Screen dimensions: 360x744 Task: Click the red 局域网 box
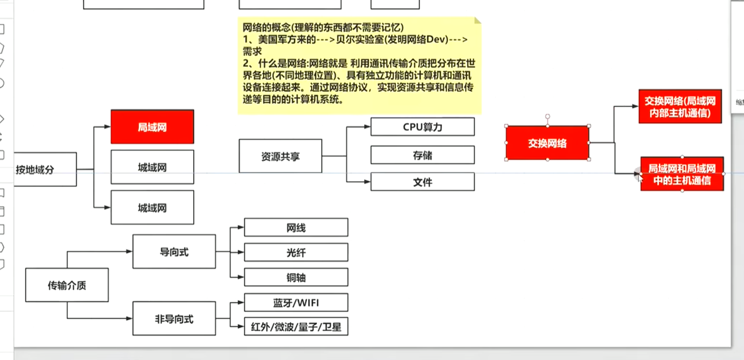tap(152, 127)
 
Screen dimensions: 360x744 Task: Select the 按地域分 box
tap(45, 170)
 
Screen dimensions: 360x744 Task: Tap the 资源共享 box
tap(280, 157)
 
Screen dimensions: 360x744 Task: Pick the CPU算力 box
tap(422, 127)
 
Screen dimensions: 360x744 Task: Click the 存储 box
tap(422, 155)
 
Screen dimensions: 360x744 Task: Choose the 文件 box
tap(422, 182)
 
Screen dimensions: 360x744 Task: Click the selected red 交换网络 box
tap(547, 143)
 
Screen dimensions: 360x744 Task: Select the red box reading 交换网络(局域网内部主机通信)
tap(680, 107)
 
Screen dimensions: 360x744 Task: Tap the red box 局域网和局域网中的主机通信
tap(682, 174)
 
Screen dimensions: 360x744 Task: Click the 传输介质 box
tap(67, 285)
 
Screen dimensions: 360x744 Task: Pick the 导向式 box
tap(174, 252)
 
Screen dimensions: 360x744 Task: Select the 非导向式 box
tap(174, 319)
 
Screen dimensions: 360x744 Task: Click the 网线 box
tap(296, 228)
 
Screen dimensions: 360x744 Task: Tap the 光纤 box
tap(296, 253)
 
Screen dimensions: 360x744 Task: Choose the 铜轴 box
tap(296, 278)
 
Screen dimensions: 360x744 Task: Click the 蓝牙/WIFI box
tap(296, 303)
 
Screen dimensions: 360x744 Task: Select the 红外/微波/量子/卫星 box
tap(296, 327)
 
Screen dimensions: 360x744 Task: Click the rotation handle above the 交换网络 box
tap(548, 116)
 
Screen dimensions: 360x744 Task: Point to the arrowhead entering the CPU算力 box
tap(367, 127)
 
